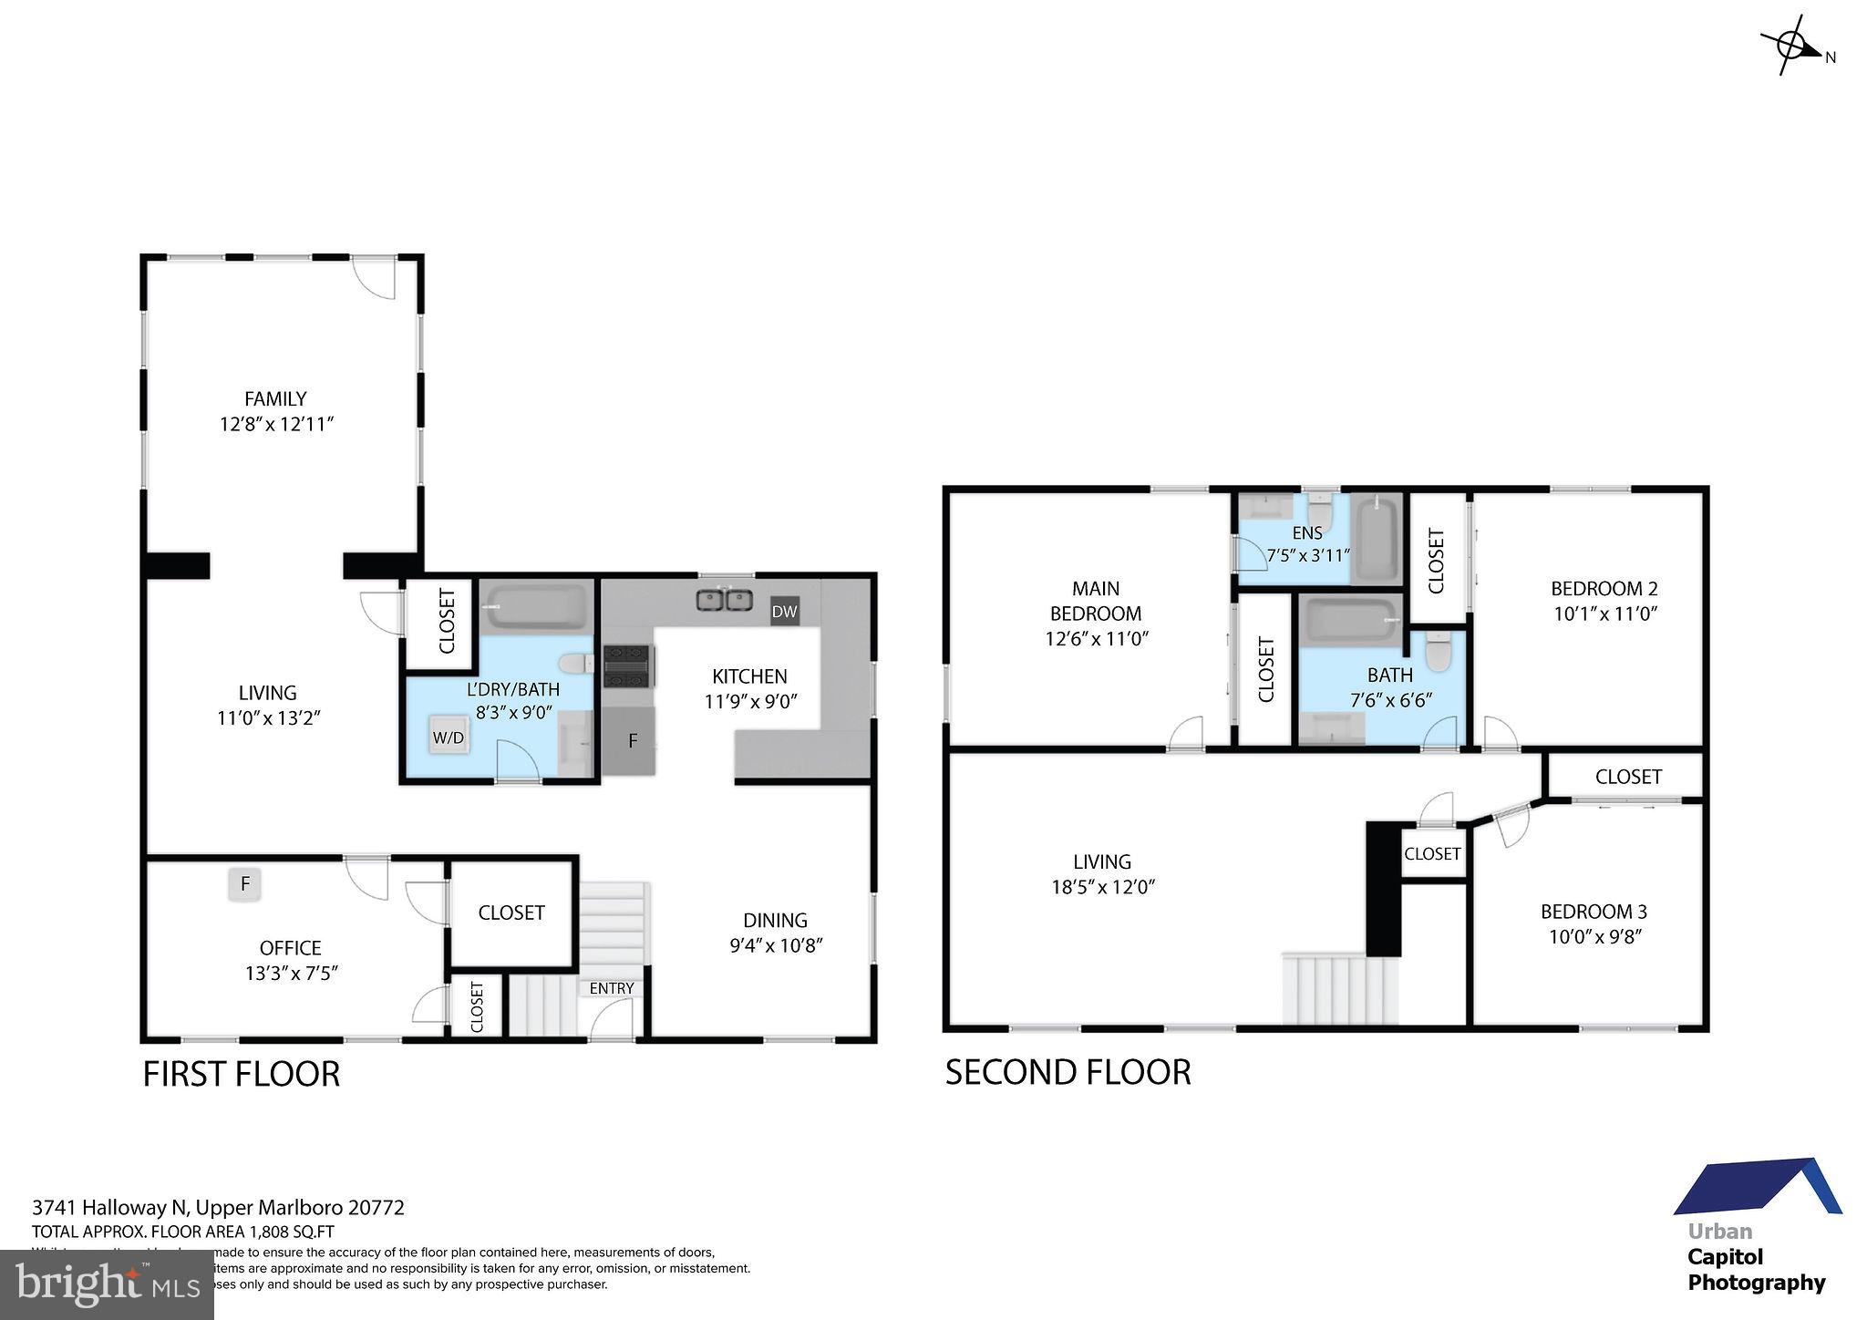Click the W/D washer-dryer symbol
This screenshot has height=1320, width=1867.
click(x=448, y=737)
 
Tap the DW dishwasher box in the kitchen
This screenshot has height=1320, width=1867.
click(x=784, y=612)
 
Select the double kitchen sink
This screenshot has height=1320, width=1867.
click(x=724, y=600)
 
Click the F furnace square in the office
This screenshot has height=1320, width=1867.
click(x=244, y=883)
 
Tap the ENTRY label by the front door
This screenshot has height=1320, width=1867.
click(x=611, y=988)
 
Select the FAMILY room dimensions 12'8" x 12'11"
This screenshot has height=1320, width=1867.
click(x=277, y=424)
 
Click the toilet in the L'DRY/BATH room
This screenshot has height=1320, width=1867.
click(x=574, y=662)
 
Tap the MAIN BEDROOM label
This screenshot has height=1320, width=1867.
click(x=1096, y=601)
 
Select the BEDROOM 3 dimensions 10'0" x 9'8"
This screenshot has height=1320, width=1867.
click(x=1594, y=936)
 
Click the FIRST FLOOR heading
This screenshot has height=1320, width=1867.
click(x=242, y=1074)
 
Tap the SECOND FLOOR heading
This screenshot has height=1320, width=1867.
click(x=1068, y=1072)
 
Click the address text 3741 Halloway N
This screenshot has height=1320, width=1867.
click(x=110, y=1208)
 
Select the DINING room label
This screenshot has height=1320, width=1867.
click(x=775, y=920)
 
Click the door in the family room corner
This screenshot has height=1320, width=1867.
click(x=376, y=277)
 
